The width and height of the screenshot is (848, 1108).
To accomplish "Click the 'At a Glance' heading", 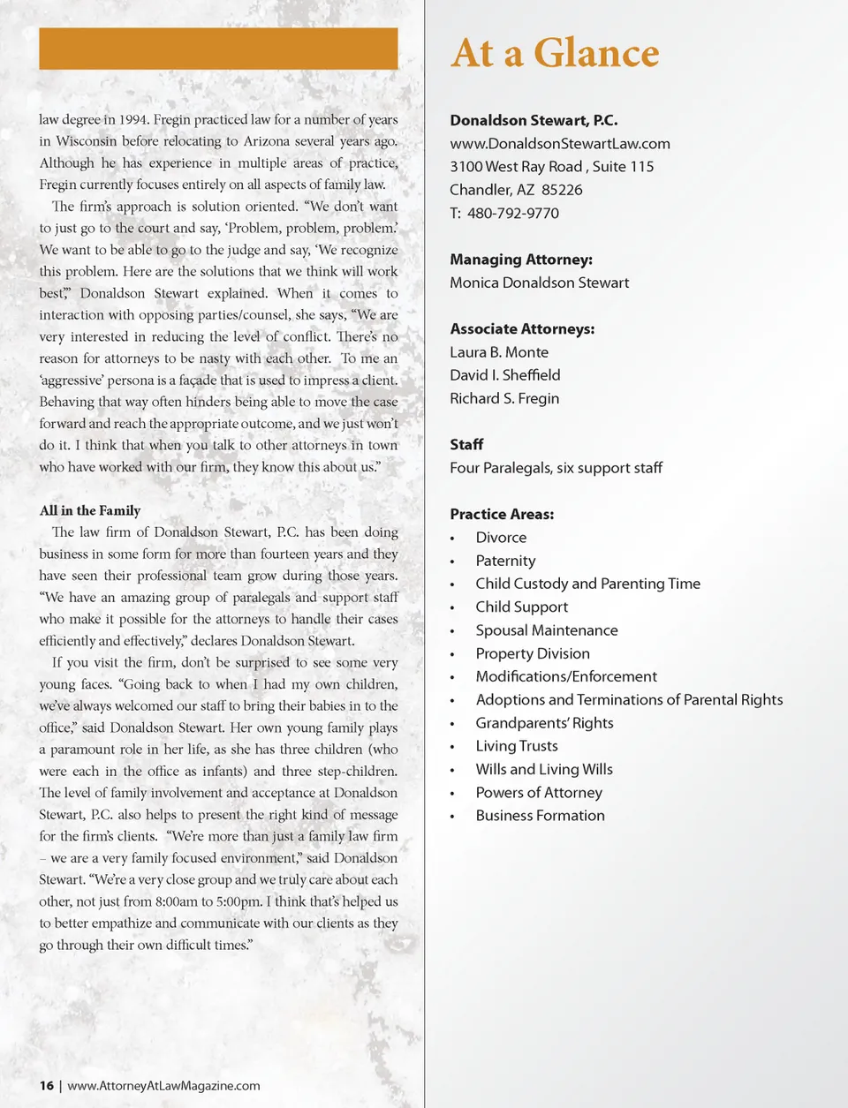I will click(x=555, y=54).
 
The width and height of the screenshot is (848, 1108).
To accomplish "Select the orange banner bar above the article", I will click(x=218, y=49).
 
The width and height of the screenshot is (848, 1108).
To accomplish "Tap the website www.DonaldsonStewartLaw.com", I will click(x=559, y=144).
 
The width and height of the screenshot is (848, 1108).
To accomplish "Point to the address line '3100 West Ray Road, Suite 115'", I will click(x=551, y=167).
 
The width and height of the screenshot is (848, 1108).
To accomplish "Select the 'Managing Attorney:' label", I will click(x=520, y=260).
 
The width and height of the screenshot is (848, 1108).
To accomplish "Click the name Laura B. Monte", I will click(x=498, y=352).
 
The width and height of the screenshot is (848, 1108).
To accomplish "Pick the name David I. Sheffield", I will click(x=504, y=375).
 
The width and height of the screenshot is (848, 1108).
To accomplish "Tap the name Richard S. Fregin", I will click(x=503, y=398).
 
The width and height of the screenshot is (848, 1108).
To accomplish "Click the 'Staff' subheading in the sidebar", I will click(x=466, y=445).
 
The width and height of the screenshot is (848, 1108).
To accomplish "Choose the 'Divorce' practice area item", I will click(x=500, y=538).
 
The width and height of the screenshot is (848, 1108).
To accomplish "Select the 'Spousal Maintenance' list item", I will click(x=546, y=630).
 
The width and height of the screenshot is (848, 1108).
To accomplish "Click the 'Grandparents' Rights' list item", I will click(x=544, y=723).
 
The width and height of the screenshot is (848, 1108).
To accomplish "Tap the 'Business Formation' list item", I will click(x=540, y=816).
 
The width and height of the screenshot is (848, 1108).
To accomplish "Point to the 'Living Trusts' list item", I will click(x=516, y=746).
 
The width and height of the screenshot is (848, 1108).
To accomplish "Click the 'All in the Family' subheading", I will click(x=89, y=510).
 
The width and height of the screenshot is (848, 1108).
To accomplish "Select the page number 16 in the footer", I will click(x=46, y=1086).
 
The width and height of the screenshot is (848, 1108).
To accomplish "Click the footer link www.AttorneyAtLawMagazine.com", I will click(x=163, y=1086).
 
